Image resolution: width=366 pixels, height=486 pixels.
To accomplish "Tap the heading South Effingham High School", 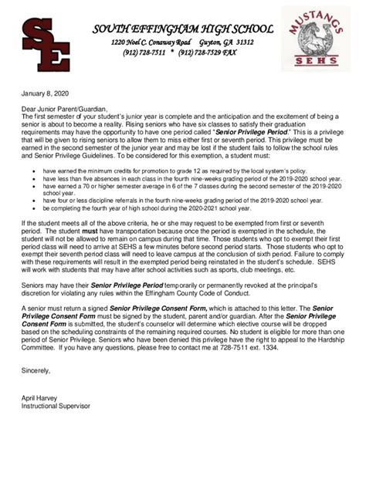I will tap(181, 28).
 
